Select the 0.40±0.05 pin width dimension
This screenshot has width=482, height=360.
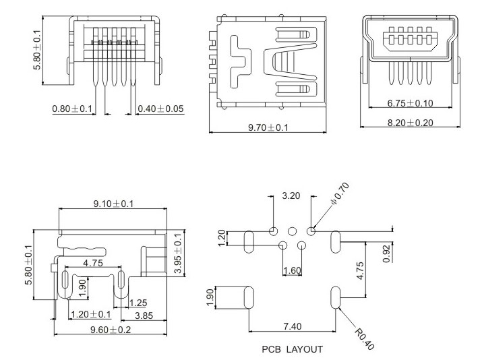tap(160, 108)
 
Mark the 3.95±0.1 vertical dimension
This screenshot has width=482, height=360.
tap(178, 252)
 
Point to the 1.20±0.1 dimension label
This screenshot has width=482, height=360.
tap(91, 315)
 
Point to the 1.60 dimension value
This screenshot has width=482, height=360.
tap(291, 270)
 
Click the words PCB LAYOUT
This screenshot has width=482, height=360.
tap(292, 349)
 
